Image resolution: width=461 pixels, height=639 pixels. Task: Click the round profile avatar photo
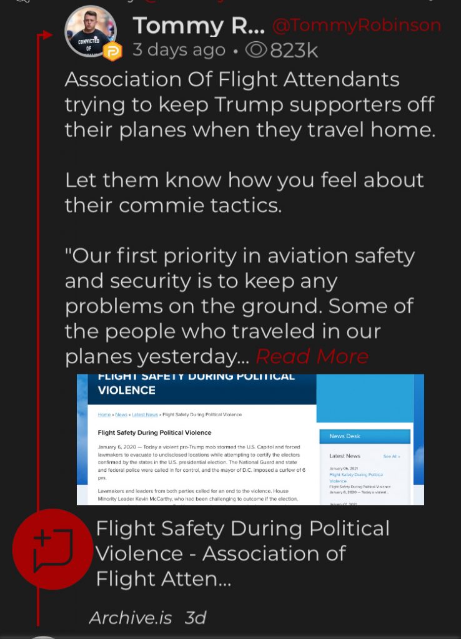pos(91,31)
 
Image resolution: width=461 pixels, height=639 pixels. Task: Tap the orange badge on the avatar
pos(112,51)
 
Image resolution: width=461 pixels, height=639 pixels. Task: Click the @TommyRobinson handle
pos(357,26)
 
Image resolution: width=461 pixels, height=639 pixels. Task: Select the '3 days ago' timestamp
pos(179,50)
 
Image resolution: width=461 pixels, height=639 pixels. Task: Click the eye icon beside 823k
pos(257,50)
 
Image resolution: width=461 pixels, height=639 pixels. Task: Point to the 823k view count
pos(294,50)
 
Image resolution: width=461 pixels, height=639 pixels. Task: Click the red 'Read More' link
pos(312,356)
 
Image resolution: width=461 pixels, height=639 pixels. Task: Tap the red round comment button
pos(52,549)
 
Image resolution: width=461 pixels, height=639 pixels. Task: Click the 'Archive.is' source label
pos(131,618)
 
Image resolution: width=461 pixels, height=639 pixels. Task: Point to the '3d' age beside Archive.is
pos(196,618)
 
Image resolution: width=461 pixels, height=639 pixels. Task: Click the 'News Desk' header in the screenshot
pos(345,436)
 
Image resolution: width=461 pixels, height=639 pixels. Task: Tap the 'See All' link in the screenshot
pos(392,457)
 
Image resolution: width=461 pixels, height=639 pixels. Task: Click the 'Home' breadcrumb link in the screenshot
pos(104,414)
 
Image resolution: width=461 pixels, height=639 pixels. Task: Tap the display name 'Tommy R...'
pos(198,26)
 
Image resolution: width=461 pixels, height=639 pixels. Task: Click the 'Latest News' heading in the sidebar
pos(345,456)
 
